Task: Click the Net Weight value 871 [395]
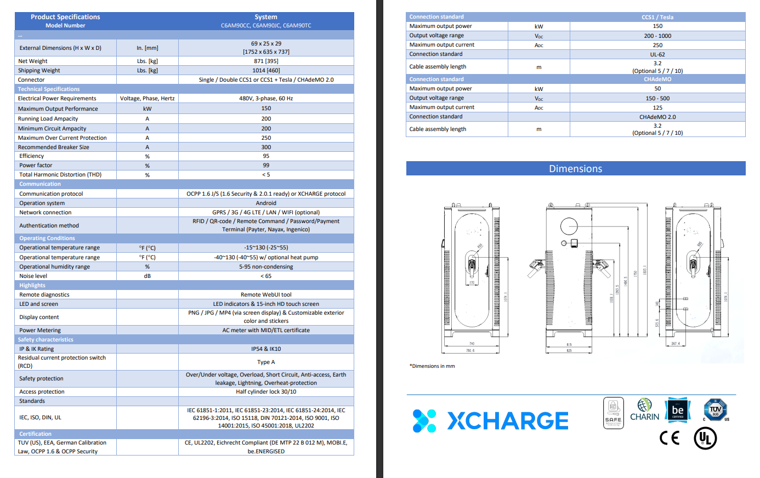(266, 61)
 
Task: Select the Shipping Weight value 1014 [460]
(266, 71)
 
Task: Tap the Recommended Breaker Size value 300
(266, 147)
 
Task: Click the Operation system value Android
(266, 203)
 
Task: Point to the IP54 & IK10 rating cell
(266, 349)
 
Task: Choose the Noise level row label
(33, 276)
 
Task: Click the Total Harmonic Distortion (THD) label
(60, 175)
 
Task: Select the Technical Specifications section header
(49, 89)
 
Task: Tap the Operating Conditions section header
(47, 238)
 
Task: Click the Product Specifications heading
(65, 17)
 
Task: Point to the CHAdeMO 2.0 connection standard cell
(657, 117)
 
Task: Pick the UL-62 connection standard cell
(657, 55)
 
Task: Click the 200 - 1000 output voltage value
(657, 36)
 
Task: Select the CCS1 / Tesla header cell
(657, 18)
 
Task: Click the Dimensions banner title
(575, 169)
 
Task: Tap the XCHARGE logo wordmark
(508, 421)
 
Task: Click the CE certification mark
(669, 438)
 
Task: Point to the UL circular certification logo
(705, 439)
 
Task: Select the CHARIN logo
(645, 411)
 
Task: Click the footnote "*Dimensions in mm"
(432, 366)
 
